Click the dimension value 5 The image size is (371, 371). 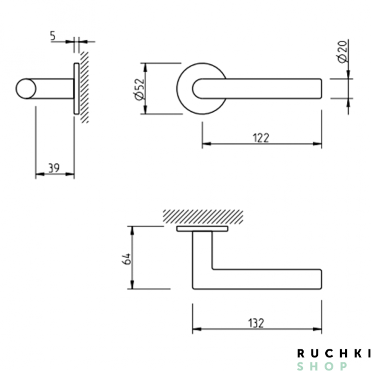[x=53, y=36]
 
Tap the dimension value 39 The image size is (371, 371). [x=54, y=168]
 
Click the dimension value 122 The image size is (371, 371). [x=261, y=137]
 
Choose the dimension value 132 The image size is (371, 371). [x=256, y=322]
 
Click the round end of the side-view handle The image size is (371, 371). [x=25, y=88]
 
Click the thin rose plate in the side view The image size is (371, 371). [x=75, y=88]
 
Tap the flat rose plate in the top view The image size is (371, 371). [x=202, y=229]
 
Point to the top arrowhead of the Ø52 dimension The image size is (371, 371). [x=145, y=65]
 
